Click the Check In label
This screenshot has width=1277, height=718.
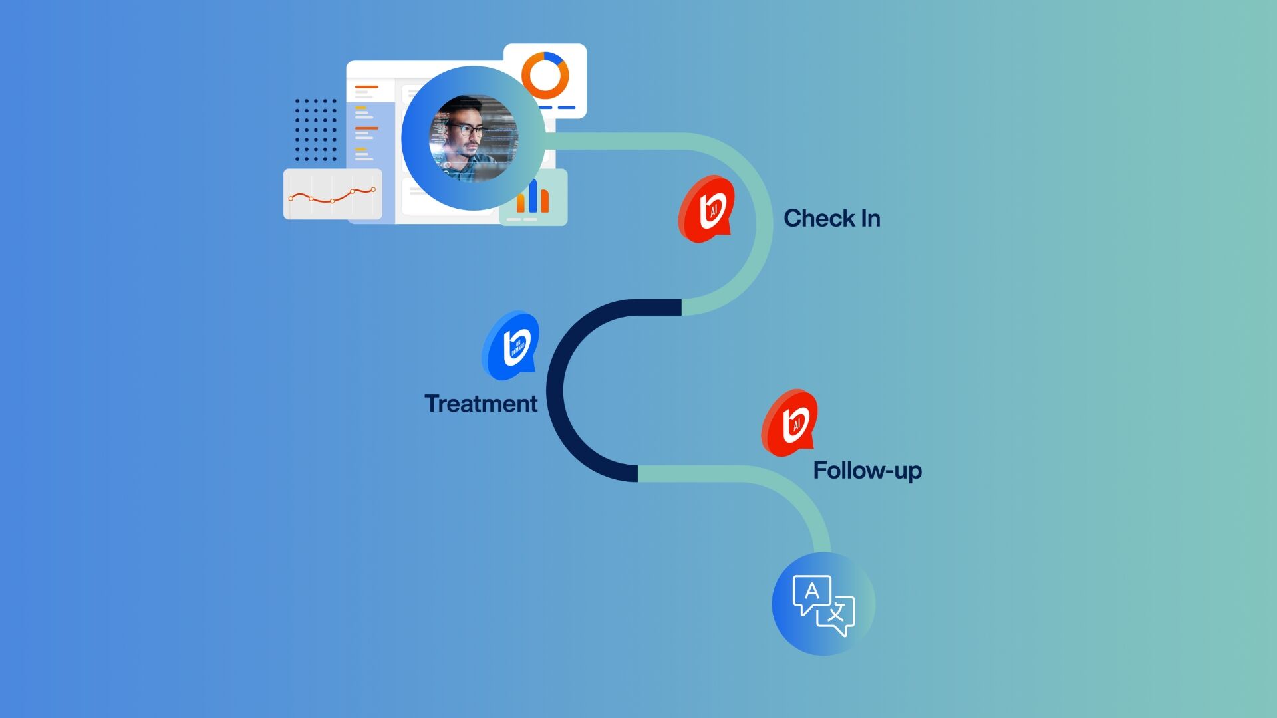[831, 219]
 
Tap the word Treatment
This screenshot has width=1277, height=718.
[481, 404]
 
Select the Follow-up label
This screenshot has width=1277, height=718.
[867, 471]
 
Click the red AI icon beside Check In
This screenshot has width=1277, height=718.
[707, 209]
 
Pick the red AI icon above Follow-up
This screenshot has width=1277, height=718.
[790, 423]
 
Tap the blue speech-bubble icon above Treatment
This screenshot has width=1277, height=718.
[511, 346]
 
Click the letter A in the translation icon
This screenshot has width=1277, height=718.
[811, 591]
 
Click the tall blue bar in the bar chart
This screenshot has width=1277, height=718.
[533, 195]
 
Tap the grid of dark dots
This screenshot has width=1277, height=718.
[315, 130]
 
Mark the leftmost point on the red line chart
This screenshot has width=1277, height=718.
[291, 198]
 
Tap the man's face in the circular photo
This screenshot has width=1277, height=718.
[466, 136]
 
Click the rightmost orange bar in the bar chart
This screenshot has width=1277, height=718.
[545, 201]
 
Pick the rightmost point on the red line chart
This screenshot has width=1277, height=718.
[373, 190]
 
